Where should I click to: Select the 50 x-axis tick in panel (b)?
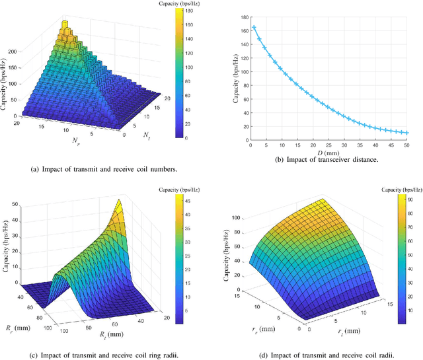pyautogui.click(x=406, y=145)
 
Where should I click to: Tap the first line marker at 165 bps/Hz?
pyautogui.click(x=254, y=27)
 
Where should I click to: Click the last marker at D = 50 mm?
pyautogui.click(x=406, y=133)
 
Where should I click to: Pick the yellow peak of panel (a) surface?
pyautogui.click(x=66, y=24)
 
